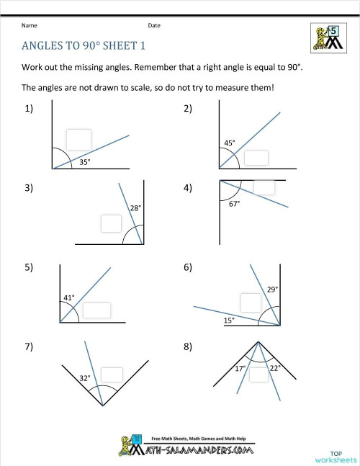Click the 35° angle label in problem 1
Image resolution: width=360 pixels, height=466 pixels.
pos(84,162)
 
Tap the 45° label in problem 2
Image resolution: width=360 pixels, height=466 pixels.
pos(230,143)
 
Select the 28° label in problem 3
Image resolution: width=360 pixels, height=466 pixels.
pos(135,208)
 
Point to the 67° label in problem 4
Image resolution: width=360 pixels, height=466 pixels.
pos(234,204)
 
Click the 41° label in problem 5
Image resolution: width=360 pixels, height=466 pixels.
pos(69,297)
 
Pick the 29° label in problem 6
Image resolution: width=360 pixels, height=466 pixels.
pos(272,289)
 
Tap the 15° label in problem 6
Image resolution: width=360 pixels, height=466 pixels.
pos(228,320)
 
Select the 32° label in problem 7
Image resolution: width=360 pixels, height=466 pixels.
pos(85,376)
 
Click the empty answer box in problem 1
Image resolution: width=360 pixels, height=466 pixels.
pos(78,140)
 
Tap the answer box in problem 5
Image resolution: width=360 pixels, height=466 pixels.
pos(96,310)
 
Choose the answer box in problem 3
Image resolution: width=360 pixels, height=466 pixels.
pos(111,223)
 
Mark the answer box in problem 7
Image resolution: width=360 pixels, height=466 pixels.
pos(111,374)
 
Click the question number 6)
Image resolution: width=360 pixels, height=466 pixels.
pos(188,267)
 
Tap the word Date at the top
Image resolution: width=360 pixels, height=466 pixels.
pos(154,25)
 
